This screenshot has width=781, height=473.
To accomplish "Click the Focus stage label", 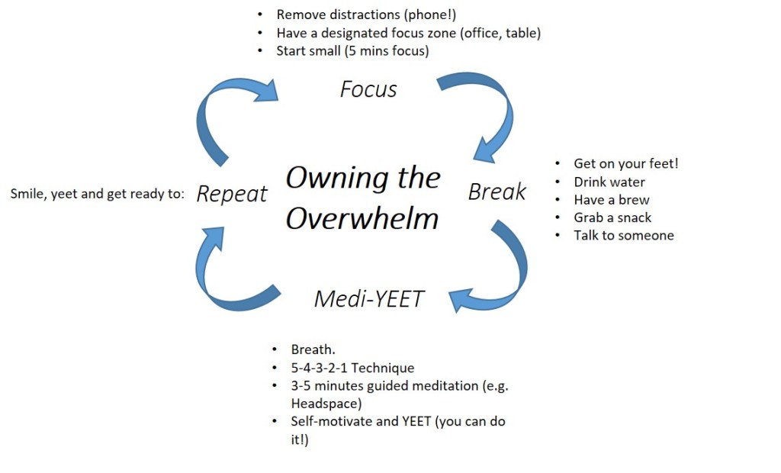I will (x=368, y=89).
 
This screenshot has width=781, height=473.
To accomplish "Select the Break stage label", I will (x=497, y=191).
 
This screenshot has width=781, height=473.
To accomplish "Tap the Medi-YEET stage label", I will (x=368, y=298).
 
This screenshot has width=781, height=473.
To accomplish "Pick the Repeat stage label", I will (x=232, y=194).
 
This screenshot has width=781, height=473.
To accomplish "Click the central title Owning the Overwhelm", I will (x=363, y=198).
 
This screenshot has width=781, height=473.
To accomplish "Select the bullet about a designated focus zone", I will (x=408, y=33).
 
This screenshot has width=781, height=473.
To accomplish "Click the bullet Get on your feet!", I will (x=625, y=164).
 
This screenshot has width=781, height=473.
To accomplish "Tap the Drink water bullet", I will (x=609, y=182).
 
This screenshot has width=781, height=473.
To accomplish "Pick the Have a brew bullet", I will (x=612, y=200).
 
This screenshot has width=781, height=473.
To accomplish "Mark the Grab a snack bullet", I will (x=613, y=217).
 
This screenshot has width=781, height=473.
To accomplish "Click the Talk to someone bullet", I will (x=624, y=235).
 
